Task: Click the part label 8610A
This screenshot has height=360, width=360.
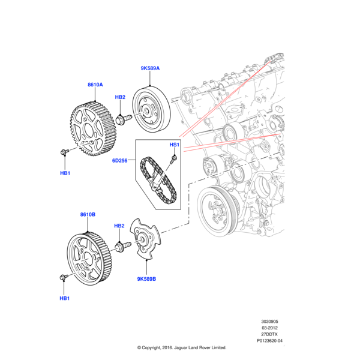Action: (95, 85)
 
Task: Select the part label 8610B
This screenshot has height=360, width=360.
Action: (88, 214)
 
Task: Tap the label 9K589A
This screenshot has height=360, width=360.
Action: (150, 69)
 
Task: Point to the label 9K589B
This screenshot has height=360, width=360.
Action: (146, 278)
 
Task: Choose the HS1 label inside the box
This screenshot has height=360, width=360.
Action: (174, 145)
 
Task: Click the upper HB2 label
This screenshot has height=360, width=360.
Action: (120, 97)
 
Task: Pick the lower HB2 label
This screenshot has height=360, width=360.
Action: (119, 226)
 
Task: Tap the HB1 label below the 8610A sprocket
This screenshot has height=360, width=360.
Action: (65, 173)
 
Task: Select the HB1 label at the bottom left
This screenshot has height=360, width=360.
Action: (65, 298)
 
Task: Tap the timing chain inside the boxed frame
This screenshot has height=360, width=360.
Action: (157, 178)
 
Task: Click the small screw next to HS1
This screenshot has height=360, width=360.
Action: (173, 159)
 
